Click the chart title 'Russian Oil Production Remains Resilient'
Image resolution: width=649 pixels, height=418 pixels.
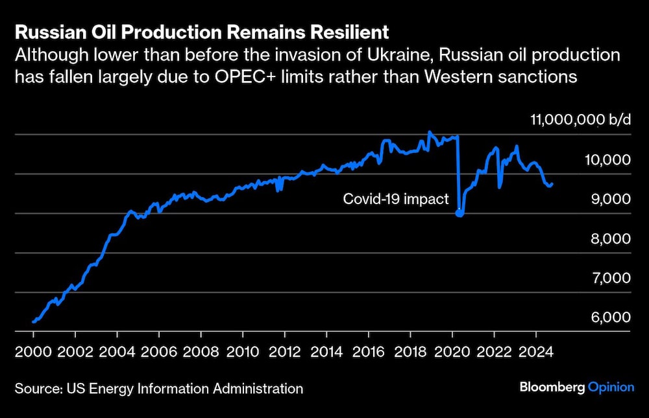(x=202, y=32)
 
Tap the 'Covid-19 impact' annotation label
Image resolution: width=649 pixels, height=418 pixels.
(x=395, y=199)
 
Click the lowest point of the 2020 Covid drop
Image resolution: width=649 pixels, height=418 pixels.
(x=459, y=213)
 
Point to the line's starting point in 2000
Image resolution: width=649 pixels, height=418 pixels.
(x=34, y=321)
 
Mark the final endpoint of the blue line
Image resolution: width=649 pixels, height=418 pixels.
(x=552, y=184)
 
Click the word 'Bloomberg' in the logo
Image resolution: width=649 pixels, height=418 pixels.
(x=552, y=387)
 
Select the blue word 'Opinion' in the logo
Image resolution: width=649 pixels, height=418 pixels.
(x=611, y=387)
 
